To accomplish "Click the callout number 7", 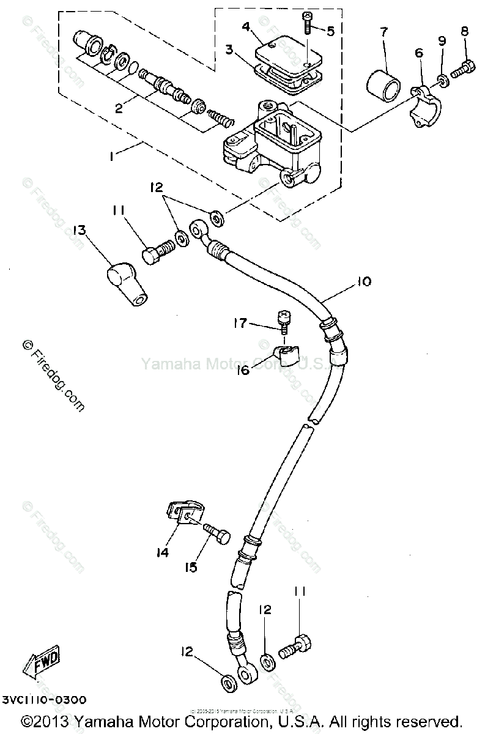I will click(x=383, y=32).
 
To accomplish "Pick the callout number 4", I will click(x=246, y=27).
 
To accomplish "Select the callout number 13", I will click(x=80, y=230).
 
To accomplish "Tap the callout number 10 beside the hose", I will click(x=364, y=281).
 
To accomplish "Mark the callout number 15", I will click(x=191, y=568).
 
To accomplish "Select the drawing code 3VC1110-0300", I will click(x=44, y=700).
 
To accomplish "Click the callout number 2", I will click(x=119, y=109).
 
